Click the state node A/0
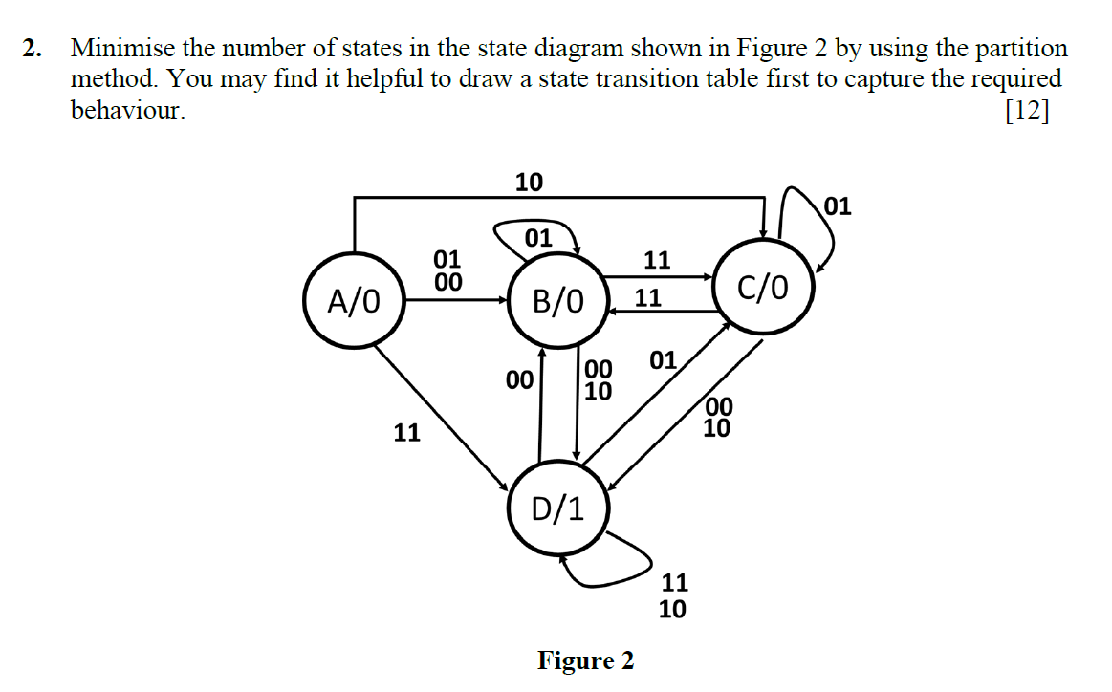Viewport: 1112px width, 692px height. click(353, 301)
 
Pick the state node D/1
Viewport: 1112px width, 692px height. click(557, 508)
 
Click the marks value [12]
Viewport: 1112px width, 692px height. click(1026, 111)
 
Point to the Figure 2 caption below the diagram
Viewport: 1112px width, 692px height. click(585, 660)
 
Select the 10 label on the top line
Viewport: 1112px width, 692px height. click(529, 182)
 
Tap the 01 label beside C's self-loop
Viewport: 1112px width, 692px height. click(836, 205)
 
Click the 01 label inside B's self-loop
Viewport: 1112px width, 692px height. click(538, 238)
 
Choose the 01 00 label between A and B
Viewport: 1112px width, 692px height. click(447, 270)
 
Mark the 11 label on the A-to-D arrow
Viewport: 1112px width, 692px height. click(407, 433)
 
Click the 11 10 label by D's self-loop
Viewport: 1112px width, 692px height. click(673, 595)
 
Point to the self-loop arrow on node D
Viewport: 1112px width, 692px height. click(612, 559)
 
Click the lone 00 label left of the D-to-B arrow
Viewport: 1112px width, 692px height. click(518, 380)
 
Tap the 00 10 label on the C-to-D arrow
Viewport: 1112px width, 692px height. click(717, 419)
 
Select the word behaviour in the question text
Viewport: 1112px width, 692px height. click(127, 111)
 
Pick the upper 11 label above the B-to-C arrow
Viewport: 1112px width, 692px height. click(656, 259)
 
